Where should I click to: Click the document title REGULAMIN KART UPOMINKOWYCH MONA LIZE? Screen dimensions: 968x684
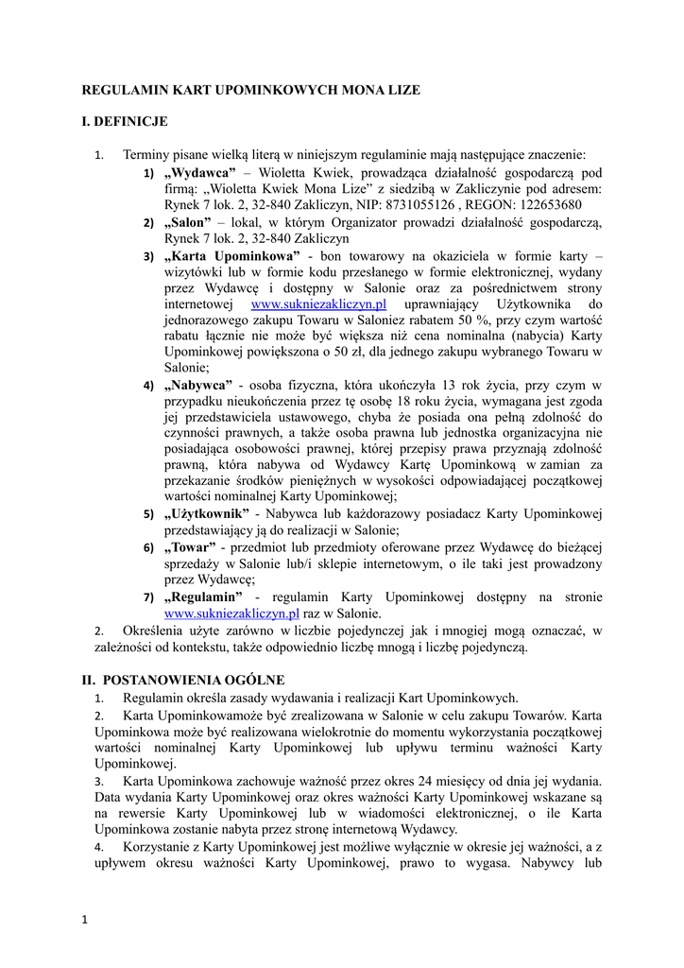coord(251,90)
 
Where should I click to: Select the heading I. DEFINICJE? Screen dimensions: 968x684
coord(125,121)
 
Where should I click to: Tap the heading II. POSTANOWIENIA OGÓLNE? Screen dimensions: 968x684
coord(182,680)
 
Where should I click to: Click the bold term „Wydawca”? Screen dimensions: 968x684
coord(199,173)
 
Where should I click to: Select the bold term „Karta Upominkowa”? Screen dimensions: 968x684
coord(231,256)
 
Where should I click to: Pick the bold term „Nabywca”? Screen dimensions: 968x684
coord(198,386)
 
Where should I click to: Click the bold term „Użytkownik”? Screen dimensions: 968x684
coord(208,514)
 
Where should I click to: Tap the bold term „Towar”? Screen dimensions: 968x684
coord(190,547)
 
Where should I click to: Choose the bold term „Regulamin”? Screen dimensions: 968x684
coord(203,597)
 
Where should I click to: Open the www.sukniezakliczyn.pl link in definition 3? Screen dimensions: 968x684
coord(319,304)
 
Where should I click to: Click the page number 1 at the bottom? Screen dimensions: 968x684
coord(84,920)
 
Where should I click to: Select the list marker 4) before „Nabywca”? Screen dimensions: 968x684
coord(148,386)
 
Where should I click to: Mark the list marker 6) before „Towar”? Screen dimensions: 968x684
coord(148,548)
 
